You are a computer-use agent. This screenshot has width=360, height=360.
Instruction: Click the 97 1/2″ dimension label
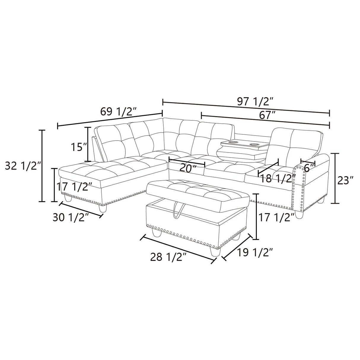255,102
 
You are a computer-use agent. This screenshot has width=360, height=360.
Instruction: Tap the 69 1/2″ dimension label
118,112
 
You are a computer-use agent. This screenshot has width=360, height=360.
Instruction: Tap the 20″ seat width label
188,168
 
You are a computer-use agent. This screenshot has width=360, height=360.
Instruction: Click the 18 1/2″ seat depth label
278,179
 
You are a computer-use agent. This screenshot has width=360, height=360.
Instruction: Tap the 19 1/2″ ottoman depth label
255,253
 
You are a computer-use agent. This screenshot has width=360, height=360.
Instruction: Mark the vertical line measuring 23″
335,178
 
